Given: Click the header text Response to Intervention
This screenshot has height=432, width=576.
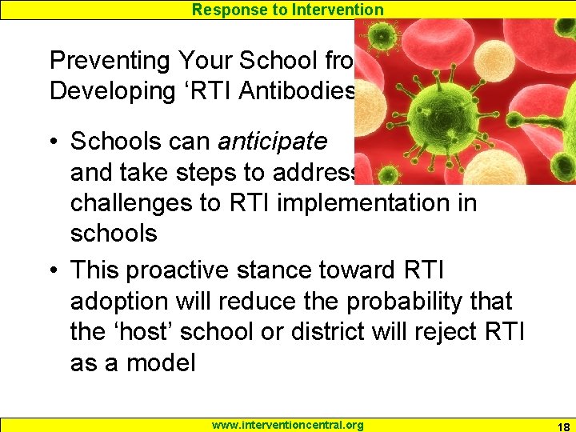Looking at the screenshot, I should point(288,10).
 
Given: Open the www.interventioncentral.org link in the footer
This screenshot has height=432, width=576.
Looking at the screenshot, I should point(287,425).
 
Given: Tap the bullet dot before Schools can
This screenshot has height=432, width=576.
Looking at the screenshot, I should point(54,142).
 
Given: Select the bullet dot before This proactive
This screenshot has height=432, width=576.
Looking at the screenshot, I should point(54,271).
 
